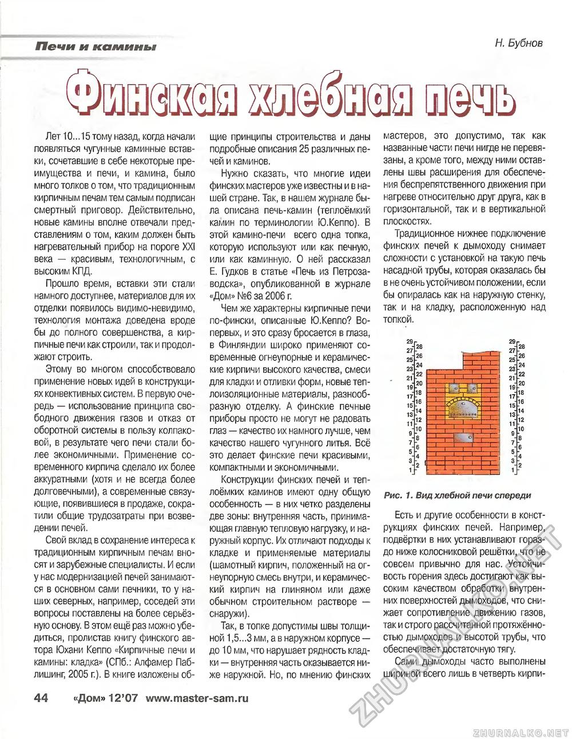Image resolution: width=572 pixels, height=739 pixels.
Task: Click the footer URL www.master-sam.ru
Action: click(197, 698)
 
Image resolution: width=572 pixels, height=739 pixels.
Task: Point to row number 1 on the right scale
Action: click(513, 470)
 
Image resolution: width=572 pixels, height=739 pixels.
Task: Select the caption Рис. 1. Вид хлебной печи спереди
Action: click(458, 495)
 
